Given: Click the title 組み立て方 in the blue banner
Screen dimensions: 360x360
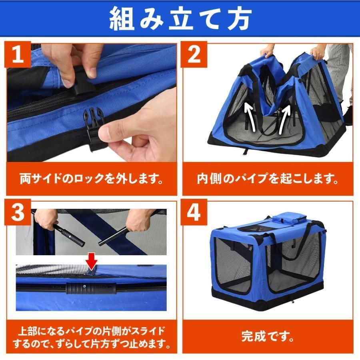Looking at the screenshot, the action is click(180, 19).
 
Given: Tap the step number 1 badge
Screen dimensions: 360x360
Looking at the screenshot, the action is click(18, 54).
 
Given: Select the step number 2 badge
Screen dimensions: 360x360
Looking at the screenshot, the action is click(194, 54).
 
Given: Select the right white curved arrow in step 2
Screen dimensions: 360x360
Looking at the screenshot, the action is click(284, 119).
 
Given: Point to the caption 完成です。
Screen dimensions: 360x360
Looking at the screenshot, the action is click(268, 336).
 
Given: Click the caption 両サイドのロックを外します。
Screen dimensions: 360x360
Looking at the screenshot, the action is click(92, 179).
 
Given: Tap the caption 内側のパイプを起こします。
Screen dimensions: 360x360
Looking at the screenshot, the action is click(268, 179).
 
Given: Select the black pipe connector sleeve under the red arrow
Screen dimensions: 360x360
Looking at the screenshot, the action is click(91, 288).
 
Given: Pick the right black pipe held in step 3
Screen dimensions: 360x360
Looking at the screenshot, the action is click(113, 236).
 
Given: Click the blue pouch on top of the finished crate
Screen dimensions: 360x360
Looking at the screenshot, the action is click(290, 218).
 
